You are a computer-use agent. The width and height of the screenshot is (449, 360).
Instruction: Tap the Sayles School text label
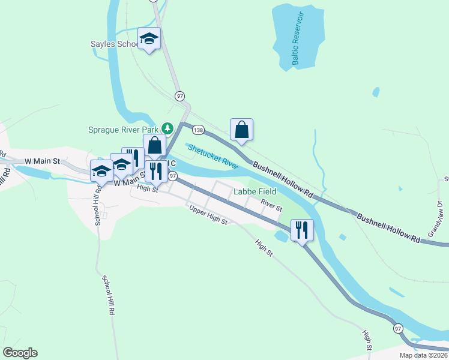(113, 44)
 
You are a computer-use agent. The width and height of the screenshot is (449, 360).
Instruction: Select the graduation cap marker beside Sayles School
(149, 39)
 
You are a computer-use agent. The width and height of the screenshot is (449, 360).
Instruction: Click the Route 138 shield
(198, 129)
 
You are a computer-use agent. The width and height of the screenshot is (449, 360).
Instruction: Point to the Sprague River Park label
(123, 129)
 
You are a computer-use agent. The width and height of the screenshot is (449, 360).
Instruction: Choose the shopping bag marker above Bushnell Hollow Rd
(241, 130)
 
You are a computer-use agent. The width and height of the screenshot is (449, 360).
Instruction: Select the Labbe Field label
(255, 191)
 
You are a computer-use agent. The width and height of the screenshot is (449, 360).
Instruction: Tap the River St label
(271, 205)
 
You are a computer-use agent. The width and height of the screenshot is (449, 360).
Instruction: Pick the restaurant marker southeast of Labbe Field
(301, 230)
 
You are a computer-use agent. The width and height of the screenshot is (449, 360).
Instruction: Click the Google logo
(20, 353)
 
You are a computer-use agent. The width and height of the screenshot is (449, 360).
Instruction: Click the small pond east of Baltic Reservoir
(376, 92)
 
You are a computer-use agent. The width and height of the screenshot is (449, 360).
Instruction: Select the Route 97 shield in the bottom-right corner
(398, 329)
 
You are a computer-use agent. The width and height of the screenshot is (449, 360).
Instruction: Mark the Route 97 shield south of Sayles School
(179, 96)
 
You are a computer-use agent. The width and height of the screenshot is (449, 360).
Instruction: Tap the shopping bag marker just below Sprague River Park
(155, 145)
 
